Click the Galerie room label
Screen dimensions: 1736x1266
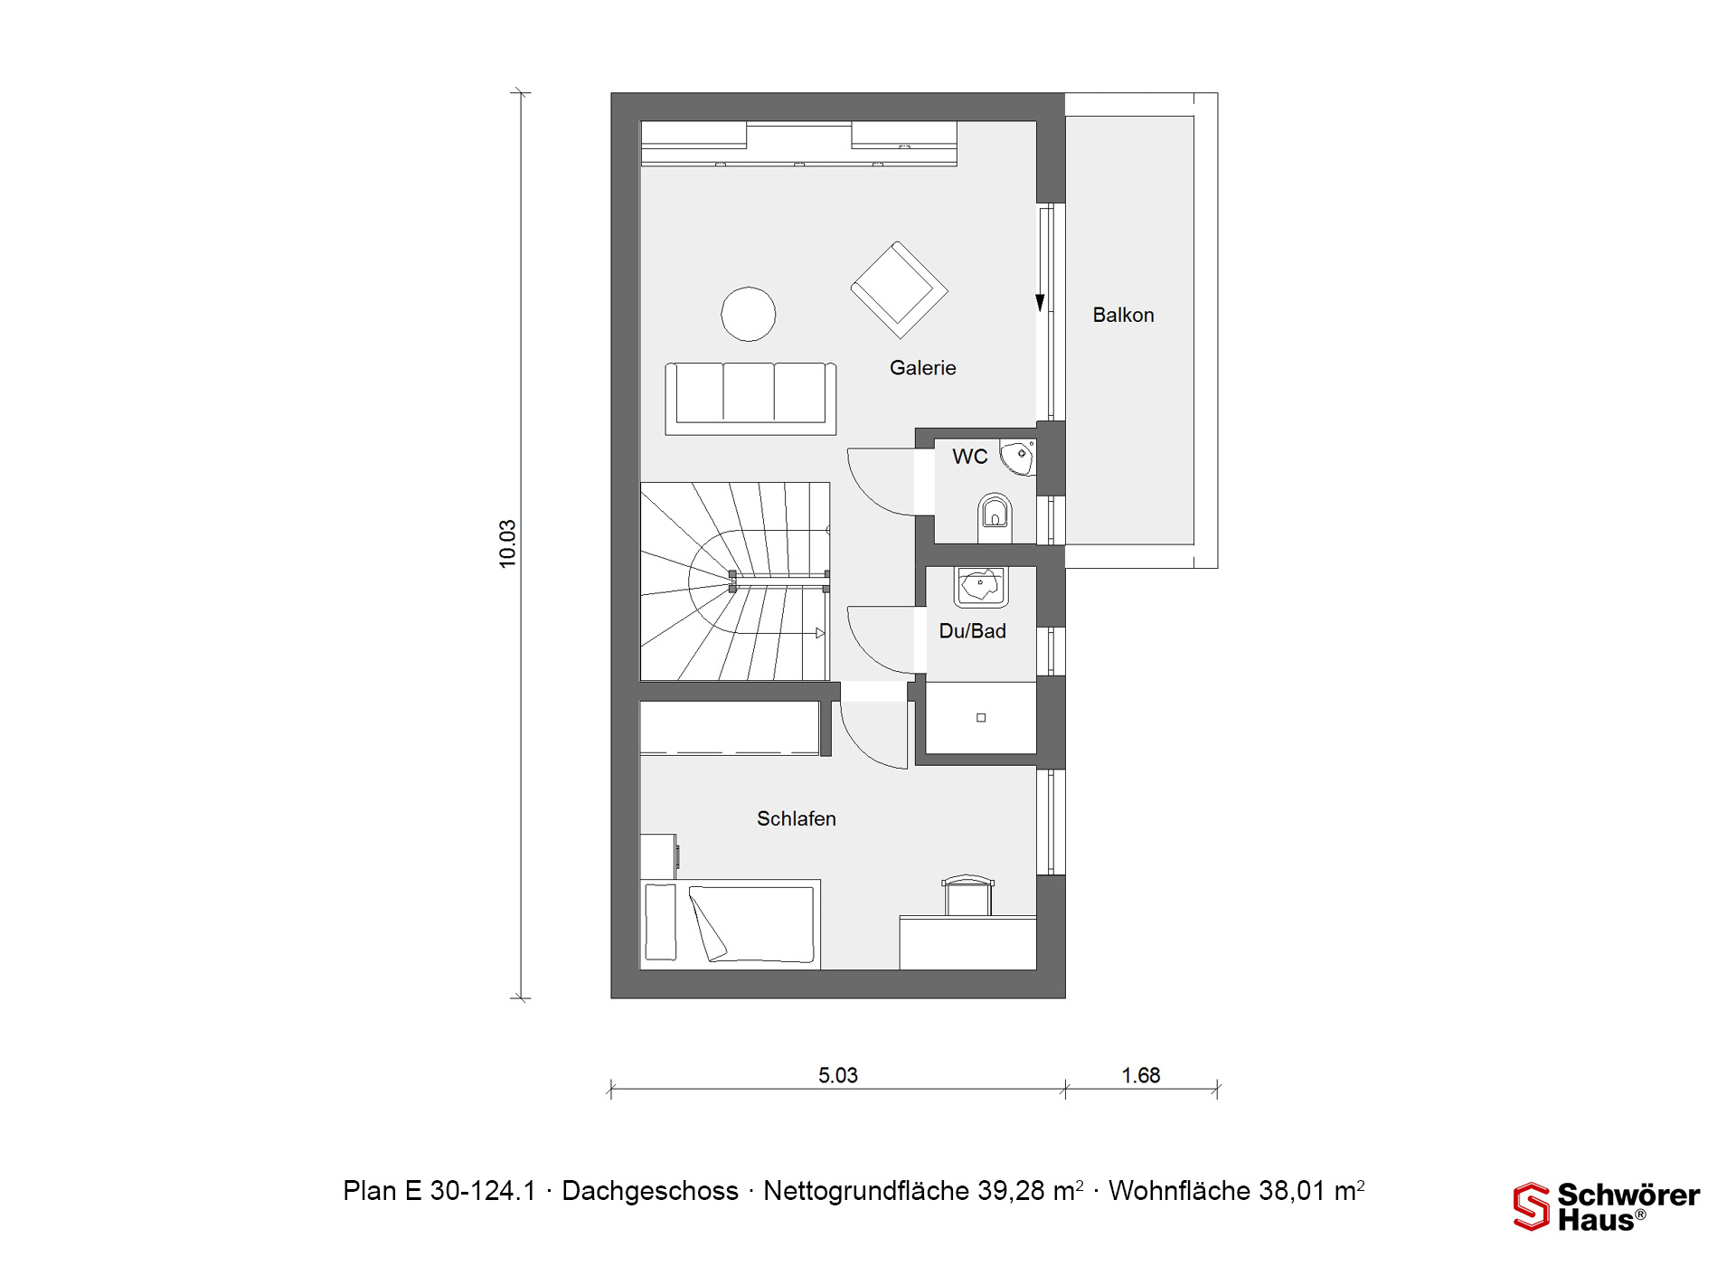pos(922,368)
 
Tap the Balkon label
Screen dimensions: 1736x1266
pos(1123,315)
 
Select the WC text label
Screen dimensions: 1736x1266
pos(969,457)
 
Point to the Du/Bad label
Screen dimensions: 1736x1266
pos(972,631)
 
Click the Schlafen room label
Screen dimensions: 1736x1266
pos(796,818)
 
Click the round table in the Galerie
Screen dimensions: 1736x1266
pos(748,314)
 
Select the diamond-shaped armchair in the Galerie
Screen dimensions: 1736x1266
pos(899,290)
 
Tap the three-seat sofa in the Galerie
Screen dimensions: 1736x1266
pos(750,399)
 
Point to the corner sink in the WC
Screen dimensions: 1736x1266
pos(1019,457)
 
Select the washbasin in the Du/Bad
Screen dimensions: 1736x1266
pos(981,586)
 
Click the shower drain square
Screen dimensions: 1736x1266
pos(981,718)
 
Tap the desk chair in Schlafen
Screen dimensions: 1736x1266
pos(967,894)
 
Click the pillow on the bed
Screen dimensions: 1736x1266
pos(660,921)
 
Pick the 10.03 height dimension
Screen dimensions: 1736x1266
pos(507,543)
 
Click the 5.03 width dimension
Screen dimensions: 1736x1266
pos(838,1075)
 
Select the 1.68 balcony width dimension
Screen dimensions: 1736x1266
pos(1141,1075)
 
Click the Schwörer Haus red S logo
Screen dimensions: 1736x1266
pos(1531,1206)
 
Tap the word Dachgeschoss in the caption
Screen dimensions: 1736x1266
pos(650,1191)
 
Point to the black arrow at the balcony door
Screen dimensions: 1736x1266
pos(1040,302)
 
